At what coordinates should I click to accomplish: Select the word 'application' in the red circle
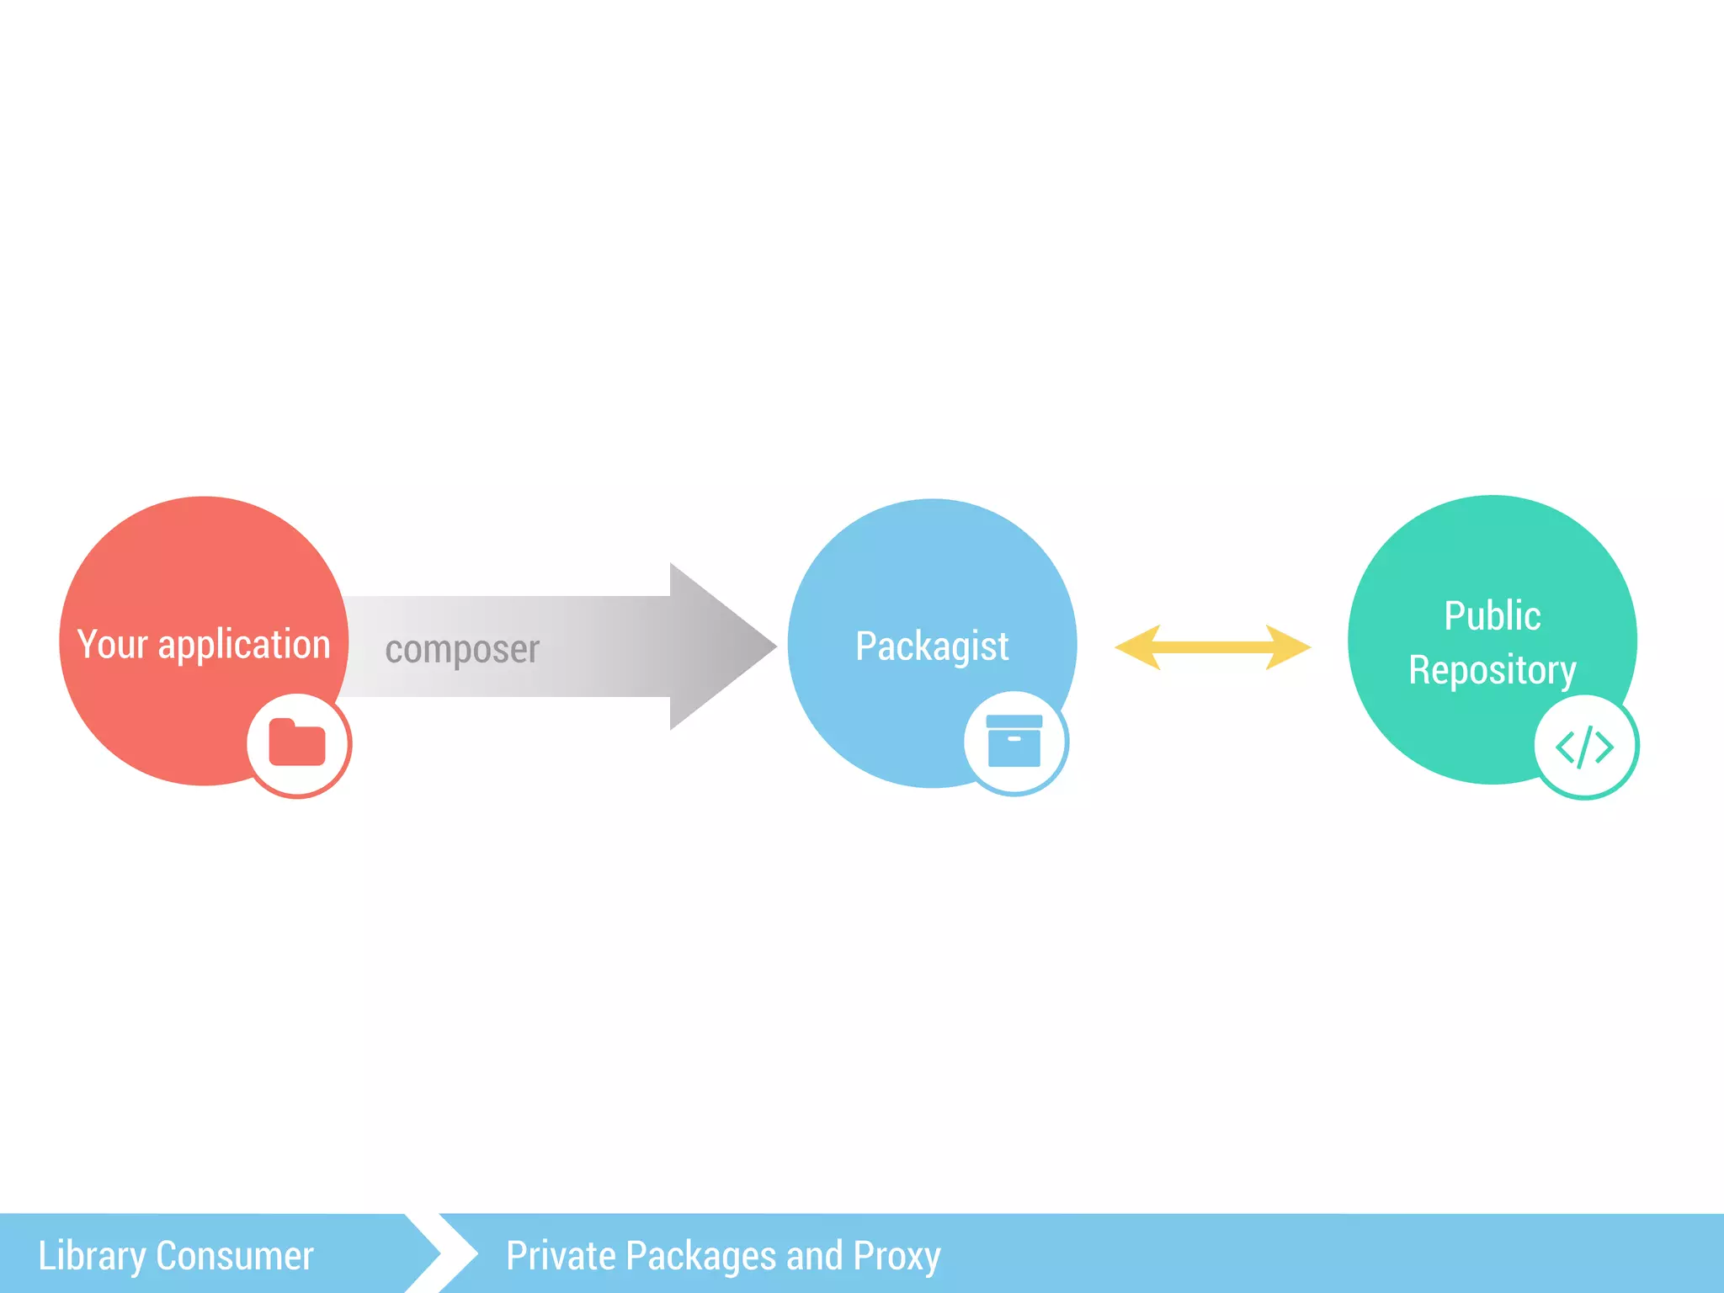point(244,646)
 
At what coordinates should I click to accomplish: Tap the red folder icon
point(297,743)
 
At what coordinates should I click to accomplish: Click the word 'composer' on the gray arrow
point(462,649)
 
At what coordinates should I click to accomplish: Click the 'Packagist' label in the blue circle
point(932,646)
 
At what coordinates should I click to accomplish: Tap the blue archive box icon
point(1014,742)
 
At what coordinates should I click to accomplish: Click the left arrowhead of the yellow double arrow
point(1136,646)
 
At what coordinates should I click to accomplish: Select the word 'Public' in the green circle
point(1493,615)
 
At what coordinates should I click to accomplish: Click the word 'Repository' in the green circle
point(1493,671)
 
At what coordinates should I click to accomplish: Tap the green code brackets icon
point(1585,747)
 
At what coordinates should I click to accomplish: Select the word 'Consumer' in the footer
point(235,1256)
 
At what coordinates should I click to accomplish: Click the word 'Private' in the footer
point(561,1256)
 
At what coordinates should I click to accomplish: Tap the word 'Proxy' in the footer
point(897,1256)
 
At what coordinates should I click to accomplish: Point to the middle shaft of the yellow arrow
point(1212,646)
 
